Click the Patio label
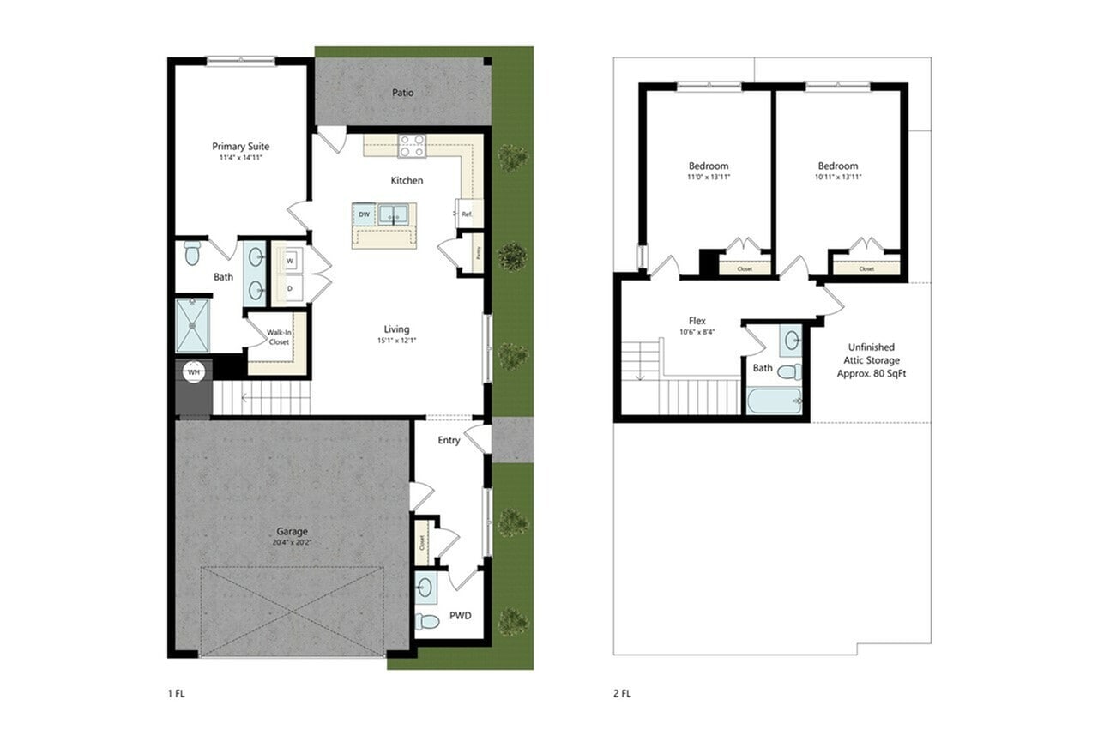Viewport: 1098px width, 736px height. [x=403, y=93]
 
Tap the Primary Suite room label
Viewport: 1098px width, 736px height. [x=240, y=147]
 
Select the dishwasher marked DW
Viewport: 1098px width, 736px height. [x=365, y=214]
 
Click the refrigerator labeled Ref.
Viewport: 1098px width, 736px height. [x=468, y=214]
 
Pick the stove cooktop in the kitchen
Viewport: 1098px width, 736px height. [x=412, y=146]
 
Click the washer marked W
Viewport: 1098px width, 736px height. [x=290, y=260]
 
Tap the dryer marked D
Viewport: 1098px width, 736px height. [x=290, y=288]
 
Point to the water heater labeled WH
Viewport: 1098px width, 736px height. [x=194, y=373]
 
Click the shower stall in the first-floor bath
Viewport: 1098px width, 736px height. [x=192, y=325]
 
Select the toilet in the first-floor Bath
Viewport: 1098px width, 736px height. [x=192, y=253]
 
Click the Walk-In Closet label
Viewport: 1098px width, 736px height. [x=278, y=337]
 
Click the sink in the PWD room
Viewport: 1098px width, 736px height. [x=425, y=588]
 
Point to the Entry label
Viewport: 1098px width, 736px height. [x=449, y=441]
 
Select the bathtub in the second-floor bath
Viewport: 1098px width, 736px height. [x=774, y=401]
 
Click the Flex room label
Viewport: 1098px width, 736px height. [x=697, y=321]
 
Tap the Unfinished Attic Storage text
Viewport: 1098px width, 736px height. [x=868, y=361]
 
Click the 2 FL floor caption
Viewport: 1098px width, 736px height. [x=624, y=693]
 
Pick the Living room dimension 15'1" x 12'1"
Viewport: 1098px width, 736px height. [x=396, y=341]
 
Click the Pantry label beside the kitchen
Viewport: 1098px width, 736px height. [x=478, y=252]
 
